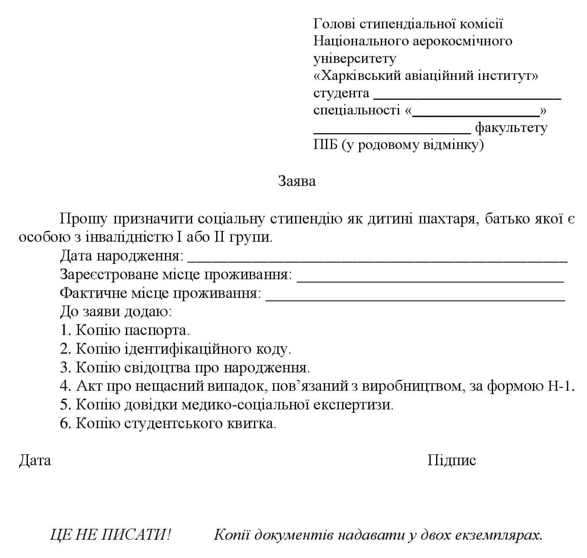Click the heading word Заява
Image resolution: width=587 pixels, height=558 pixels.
[x=297, y=181]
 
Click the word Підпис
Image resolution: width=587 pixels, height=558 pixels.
[x=452, y=460]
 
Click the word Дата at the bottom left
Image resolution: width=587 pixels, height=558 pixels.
[x=35, y=460]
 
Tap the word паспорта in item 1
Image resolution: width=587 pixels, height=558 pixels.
[x=157, y=330]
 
